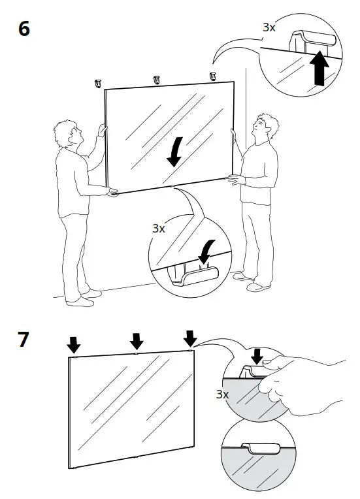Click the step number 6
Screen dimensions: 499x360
pos(24,29)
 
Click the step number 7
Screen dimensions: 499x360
pos(24,340)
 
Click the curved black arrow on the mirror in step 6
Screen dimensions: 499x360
pos(173,152)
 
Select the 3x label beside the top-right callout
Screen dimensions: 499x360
pos(269,27)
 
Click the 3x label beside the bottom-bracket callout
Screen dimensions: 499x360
pos(159,228)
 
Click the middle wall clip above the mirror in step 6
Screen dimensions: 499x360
pos(156,80)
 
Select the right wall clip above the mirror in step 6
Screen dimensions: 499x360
pos(212,77)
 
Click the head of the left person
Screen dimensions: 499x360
pos(68,135)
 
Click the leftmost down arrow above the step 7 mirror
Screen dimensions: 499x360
pos(74,344)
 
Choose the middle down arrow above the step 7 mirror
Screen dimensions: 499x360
pos(136,340)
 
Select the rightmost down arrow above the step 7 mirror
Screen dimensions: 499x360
pos(190,337)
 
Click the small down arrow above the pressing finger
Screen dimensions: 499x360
pos(257,355)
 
